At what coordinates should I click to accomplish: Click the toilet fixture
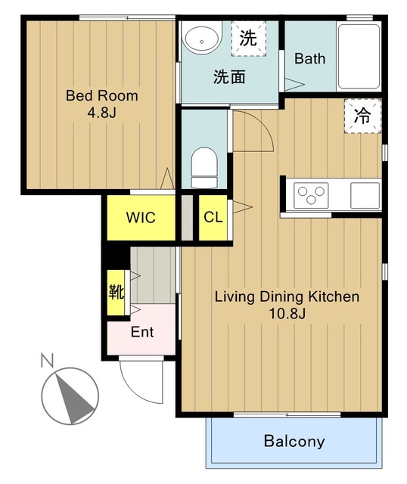click(204, 168)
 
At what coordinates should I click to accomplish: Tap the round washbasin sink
click(202, 39)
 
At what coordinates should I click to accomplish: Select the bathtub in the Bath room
click(359, 57)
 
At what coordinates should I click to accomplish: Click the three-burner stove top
click(311, 195)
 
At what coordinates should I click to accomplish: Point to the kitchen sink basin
click(365, 195)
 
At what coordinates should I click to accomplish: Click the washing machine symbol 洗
click(249, 39)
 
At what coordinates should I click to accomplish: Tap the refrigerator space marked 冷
click(363, 116)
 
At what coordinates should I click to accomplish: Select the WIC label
click(141, 218)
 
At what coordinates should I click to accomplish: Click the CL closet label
click(213, 217)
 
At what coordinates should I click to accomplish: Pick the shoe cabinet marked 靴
click(116, 293)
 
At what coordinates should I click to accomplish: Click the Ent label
click(142, 332)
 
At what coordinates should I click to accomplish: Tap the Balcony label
click(294, 441)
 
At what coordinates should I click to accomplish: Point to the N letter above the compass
click(47, 360)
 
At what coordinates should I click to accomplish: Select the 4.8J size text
click(101, 113)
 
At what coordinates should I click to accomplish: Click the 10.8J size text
click(287, 314)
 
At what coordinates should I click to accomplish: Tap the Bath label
click(309, 58)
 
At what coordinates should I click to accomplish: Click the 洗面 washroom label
click(229, 77)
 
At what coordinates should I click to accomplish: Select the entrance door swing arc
click(131, 389)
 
